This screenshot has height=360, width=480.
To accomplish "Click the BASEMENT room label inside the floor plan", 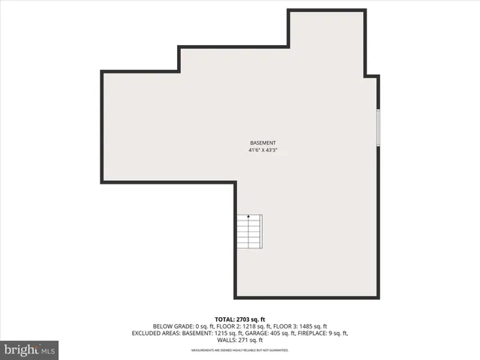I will [262, 142].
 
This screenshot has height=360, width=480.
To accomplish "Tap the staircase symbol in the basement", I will [249, 232].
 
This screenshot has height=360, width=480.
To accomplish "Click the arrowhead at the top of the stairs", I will [249, 216].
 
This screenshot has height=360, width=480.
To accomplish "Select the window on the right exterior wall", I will [378, 127].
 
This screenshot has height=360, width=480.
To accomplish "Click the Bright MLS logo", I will [29, 349].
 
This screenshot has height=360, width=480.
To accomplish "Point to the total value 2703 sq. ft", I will [249, 319].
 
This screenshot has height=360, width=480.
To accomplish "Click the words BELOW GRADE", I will [171, 326].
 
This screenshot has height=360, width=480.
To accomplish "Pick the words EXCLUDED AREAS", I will [155, 333].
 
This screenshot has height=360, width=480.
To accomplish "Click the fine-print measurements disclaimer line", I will [240, 350].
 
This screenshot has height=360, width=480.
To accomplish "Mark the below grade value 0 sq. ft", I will [202, 326].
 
